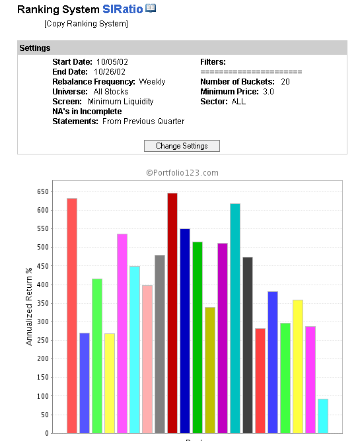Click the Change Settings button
(182, 146)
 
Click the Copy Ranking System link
(86, 24)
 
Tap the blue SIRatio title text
(122, 9)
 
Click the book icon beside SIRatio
(151, 8)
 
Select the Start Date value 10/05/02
(112, 62)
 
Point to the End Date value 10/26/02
(110, 72)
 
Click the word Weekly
(152, 82)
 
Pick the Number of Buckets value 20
(285, 82)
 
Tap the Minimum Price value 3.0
(268, 92)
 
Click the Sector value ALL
(238, 102)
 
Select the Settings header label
(35, 48)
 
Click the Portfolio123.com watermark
(182, 173)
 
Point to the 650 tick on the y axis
(43, 192)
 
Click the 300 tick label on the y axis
(43, 322)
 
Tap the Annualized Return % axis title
(28, 306)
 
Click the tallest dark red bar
(172, 313)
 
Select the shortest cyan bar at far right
(323, 416)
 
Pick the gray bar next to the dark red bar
(160, 344)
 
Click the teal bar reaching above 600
(235, 318)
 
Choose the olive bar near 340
(210, 370)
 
